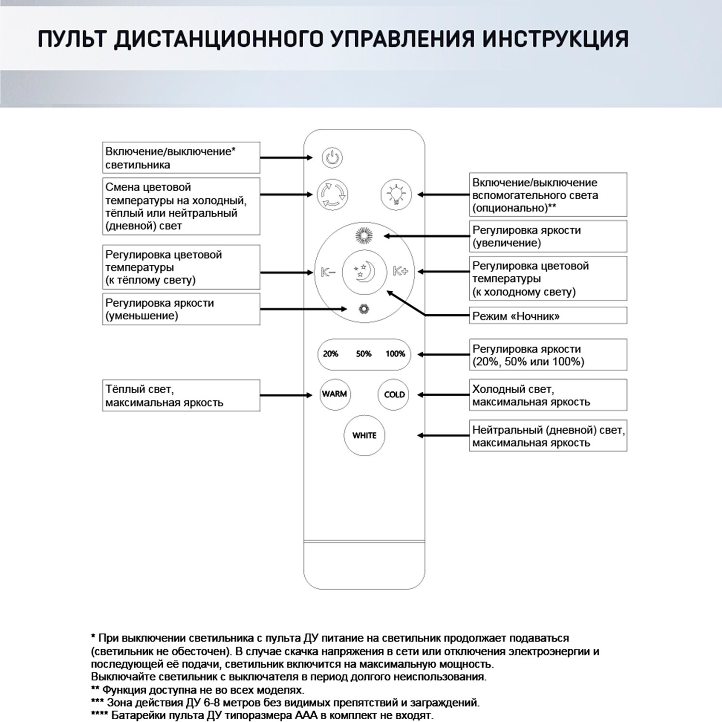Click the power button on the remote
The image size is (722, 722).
pyautogui.click(x=332, y=158)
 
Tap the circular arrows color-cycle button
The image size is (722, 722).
pyautogui.click(x=332, y=195)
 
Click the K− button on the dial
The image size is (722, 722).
pyautogui.click(x=328, y=272)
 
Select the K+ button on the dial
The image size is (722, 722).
pyautogui.click(x=400, y=271)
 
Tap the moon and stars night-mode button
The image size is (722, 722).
pyautogui.click(x=364, y=272)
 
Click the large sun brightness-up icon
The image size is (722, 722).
pyautogui.click(x=364, y=236)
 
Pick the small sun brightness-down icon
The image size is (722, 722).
pyautogui.click(x=364, y=309)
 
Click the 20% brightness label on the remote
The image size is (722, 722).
pyautogui.click(x=330, y=354)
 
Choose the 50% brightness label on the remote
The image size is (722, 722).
pyautogui.click(x=364, y=354)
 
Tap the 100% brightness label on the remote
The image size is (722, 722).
pyautogui.click(x=395, y=354)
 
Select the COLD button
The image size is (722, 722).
pyautogui.click(x=394, y=395)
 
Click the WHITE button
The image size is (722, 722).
pyautogui.click(x=364, y=436)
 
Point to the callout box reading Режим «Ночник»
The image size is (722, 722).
pyautogui.click(x=548, y=316)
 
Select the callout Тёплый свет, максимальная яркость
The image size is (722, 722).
pyautogui.click(x=181, y=396)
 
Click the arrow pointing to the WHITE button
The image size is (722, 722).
pyautogui.click(x=443, y=436)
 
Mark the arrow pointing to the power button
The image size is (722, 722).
pyautogui.click(x=286, y=158)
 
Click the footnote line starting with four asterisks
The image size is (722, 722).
pyautogui.click(x=262, y=715)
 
